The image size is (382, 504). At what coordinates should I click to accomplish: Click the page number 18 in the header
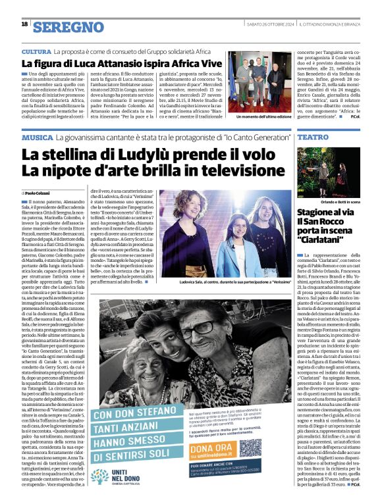24,24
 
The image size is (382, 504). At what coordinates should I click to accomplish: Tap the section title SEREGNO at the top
68,27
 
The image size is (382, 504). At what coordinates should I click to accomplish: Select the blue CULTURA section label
36,51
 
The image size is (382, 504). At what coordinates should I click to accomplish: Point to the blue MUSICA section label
37,138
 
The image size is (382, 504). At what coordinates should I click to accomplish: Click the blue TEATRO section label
313,138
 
